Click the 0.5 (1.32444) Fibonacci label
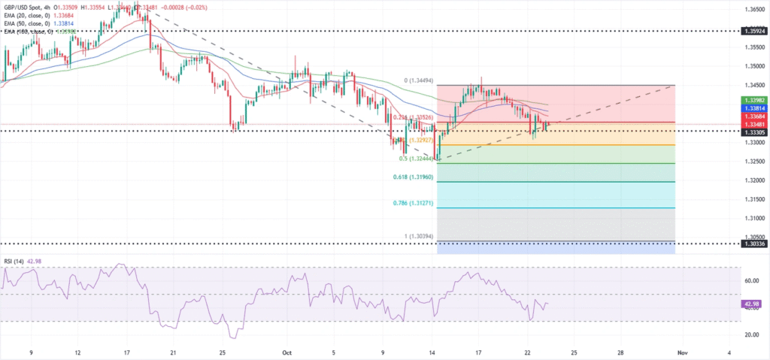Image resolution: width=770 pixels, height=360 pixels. point(414,159)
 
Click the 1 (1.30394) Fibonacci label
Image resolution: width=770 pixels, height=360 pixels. point(418,236)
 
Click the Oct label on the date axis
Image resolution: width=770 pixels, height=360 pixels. point(286,352)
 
